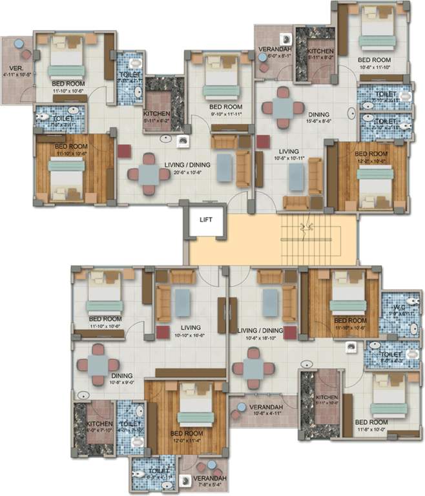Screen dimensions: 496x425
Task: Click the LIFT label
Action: (206, 220)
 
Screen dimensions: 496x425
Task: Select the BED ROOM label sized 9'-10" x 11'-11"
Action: (225, 107)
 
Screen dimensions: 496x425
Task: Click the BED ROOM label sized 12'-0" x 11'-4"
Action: (188, 433)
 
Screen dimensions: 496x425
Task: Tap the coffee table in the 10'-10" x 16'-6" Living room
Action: (184, 300)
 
